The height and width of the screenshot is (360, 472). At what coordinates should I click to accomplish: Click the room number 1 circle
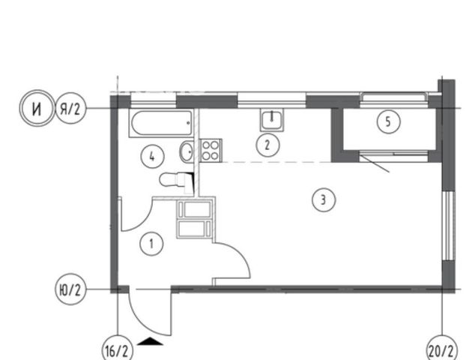click(x=151, y=244)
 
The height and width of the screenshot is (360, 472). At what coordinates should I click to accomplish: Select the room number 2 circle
click(x=267, y=145)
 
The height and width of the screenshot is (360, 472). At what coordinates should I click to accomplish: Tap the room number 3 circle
click(x=324, y=199)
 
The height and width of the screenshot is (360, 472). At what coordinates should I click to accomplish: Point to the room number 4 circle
click(x=152, y=157)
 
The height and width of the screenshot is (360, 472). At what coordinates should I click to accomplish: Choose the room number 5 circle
click(x=389, y=121)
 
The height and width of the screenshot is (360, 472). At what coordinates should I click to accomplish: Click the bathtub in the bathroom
click(x=162, y=123)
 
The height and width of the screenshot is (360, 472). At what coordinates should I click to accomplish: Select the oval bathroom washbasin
click(x=187, y=151)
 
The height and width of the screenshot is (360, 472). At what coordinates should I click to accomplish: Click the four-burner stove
click(x=211, y=150)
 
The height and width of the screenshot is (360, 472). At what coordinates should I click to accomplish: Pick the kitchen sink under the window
click(x=272, y=120)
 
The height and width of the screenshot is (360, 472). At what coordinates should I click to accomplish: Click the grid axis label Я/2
click(x=70, y=109)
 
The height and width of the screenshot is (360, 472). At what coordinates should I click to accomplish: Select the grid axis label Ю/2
click(x=70, y=289)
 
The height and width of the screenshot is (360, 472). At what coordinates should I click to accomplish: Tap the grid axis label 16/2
click(x=118, y=349)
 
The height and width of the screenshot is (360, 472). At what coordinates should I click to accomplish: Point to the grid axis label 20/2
click(x=442, y=349)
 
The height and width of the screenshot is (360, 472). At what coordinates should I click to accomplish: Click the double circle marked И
click(x=37, y=108)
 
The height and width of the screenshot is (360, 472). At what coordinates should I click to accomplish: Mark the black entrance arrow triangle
click(x=150, y=341)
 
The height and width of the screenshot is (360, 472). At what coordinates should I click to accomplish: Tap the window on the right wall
click(x=449, y=226)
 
